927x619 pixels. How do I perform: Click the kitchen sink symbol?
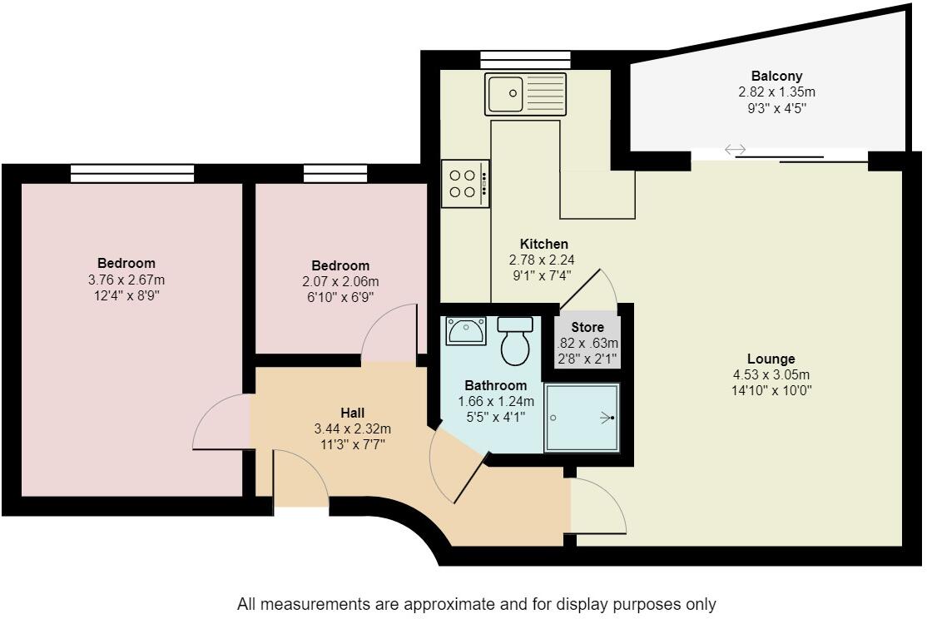tap(525, 93)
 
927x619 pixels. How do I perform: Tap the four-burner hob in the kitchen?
tap(465, 184)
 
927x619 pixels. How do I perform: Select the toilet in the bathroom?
tap(515, 340)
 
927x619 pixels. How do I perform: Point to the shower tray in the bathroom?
tap(582, 418)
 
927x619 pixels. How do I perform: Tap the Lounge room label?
tap(771, 359)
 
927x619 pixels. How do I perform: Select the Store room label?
tap(587, 327)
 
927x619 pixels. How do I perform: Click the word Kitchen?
tap(543, 244)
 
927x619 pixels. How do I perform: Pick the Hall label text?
tap(352, 413)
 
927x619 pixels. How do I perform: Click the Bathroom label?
tap(495, 385)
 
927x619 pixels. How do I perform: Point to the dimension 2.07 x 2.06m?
tap(341, 282)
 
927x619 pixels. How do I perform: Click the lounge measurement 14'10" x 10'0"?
tap(771, 389)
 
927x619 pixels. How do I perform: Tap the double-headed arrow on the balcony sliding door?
tap(735, 150)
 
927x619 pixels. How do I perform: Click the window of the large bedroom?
tap(132, 173)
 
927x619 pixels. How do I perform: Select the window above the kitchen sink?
tap(525, 59)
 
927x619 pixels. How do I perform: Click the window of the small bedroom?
tap(335, 173)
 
